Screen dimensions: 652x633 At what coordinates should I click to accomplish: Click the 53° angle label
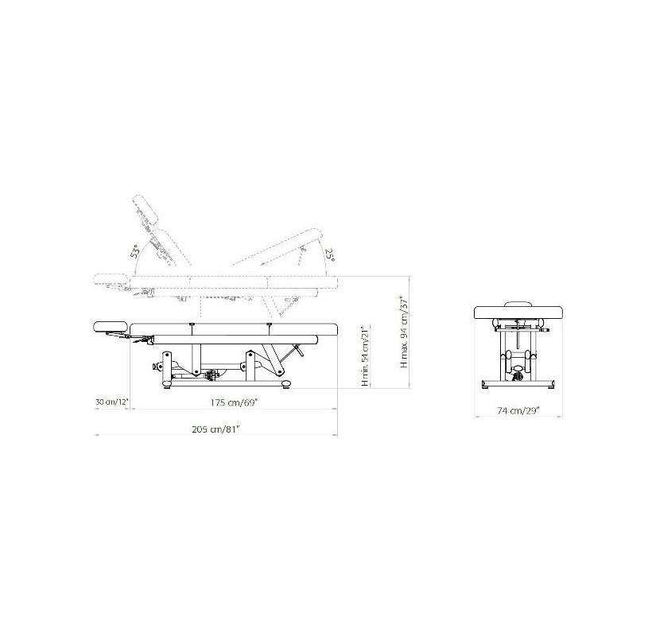[134, 251]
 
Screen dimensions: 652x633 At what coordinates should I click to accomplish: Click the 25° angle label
[330, 254]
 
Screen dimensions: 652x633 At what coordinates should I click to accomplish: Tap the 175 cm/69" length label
[234, 402]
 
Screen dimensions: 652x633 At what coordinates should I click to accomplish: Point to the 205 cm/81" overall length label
[216, 429]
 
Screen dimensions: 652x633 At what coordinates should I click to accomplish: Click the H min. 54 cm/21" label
[366, 356]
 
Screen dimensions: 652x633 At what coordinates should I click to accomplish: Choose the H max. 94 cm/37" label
[403, 332]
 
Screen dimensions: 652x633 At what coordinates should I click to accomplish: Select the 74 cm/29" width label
[518, 410]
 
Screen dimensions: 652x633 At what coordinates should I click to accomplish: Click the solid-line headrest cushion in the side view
[109, 327]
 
